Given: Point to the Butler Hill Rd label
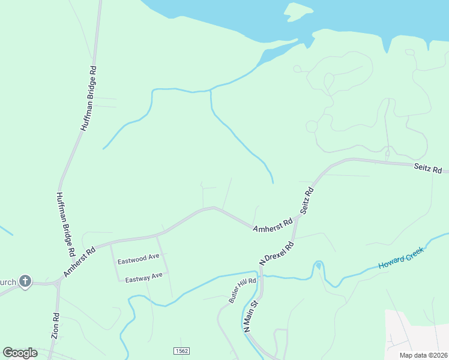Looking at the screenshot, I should coord(243,290).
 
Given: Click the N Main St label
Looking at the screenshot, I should coord(250,317).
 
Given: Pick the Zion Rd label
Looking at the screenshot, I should coord(55,326).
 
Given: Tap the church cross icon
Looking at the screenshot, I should coord(25,281).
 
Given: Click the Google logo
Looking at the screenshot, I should coord(20,353).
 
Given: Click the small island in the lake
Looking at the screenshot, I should coord(298,11).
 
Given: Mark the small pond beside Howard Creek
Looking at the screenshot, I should coord(318,265).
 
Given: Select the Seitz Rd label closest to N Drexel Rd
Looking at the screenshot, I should coord(307,200).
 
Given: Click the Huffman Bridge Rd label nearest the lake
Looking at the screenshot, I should coord(89,99).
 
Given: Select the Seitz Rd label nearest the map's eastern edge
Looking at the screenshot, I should coord(427,170).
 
